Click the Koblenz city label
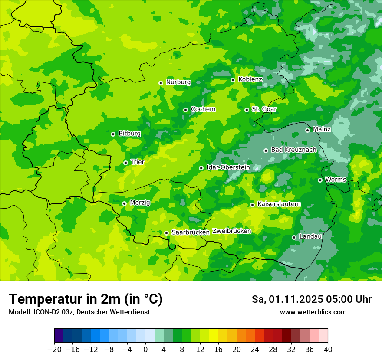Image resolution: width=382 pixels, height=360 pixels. click(x=250, y=79)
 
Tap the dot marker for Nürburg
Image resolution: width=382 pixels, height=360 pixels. click(x=161, y=83)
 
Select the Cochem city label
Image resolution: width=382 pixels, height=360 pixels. click(x=203, y=109)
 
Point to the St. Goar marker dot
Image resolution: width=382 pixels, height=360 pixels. click(x=247, y=110)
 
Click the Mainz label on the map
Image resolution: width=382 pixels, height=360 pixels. click(x=322, y=130)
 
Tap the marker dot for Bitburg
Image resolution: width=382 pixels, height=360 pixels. click(x=113, y=134)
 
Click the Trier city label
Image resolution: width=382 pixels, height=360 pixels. click(x=138, y=162)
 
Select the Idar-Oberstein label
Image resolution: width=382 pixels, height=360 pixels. click(x=228, y=167)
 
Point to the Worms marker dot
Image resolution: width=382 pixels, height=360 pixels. click(x=320, y=180)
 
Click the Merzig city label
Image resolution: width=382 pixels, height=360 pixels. click(x=140, y=203)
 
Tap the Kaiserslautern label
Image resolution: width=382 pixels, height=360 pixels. click(x=279, y=204)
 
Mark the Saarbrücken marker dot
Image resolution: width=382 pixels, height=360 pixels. click(x=166, y=233)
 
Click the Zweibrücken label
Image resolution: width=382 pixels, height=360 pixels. click(x=231, y=231)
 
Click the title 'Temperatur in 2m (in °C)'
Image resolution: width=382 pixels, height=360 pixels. click(x=86, y=299)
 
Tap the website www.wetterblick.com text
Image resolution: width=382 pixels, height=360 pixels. click(x=313, y=312)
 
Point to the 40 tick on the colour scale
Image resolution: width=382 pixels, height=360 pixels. click(x=328, y=350)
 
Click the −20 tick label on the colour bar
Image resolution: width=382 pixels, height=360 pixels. click(x=54, y=350)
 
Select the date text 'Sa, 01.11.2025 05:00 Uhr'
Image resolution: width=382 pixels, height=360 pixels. click(x=311, y=299)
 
